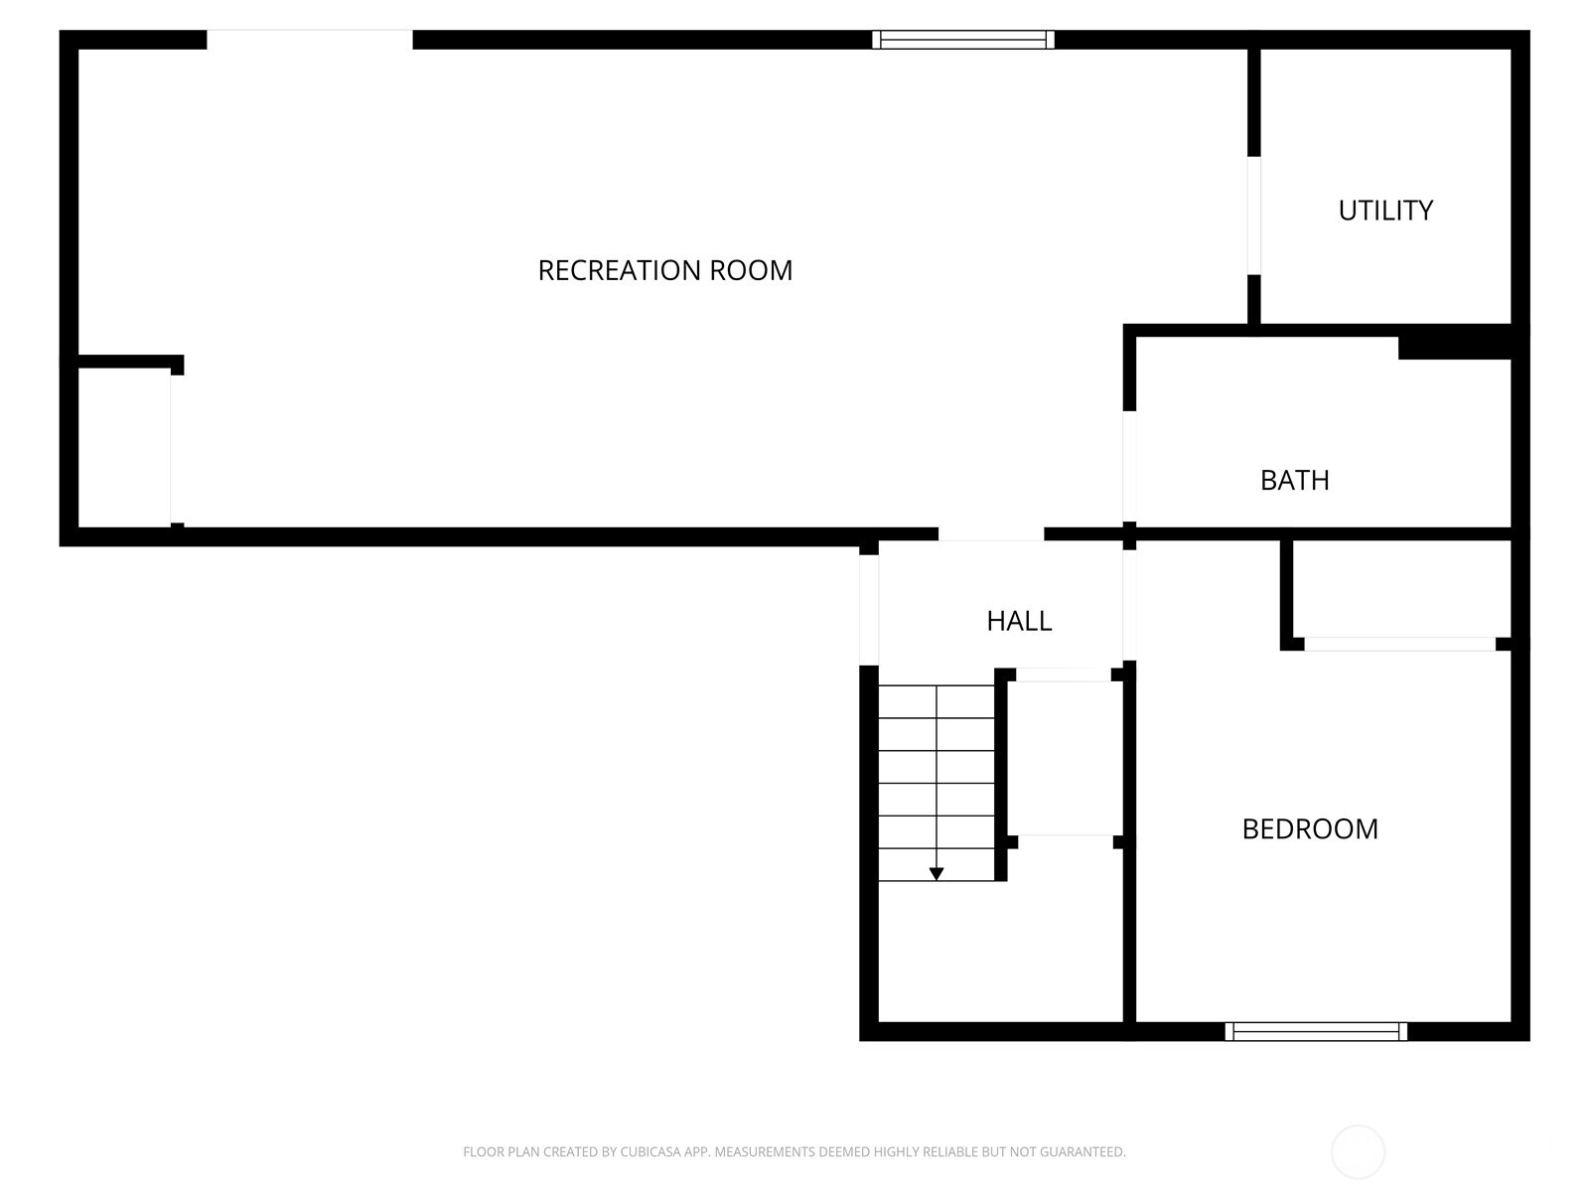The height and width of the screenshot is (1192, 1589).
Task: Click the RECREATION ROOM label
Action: click(664, 270)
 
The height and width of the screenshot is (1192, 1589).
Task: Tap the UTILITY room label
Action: click(1384, 211)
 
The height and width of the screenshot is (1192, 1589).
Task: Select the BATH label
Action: click(1294, 481)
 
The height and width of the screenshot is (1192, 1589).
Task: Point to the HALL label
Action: click(1019, 621)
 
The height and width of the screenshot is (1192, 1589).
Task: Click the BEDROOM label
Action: click(1310, 829)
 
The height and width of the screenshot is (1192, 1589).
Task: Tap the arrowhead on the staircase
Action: click(937, 874)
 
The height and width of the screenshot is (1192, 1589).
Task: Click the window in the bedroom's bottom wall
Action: click(1315, 1031)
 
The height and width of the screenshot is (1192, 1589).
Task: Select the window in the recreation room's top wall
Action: click(962, 40)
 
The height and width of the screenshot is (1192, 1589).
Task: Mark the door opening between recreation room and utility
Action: click(1254, 216)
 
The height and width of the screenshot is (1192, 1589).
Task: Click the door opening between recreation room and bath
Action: click(1128, 466)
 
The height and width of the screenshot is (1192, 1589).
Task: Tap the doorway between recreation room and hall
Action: click(991, 534)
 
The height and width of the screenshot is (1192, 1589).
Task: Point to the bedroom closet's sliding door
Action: click(1399, 644)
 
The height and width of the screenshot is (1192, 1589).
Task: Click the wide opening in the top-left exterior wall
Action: click(310, 40)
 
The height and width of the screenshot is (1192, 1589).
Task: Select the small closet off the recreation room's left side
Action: click(124, 447)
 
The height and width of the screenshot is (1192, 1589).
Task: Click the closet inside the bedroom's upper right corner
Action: click(1401, 589)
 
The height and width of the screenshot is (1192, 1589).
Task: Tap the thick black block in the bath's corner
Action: click(1454, 348)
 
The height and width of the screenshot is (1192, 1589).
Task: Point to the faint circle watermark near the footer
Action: click(1358, 1151)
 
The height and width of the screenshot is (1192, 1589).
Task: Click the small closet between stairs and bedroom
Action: click(1065, 759)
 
